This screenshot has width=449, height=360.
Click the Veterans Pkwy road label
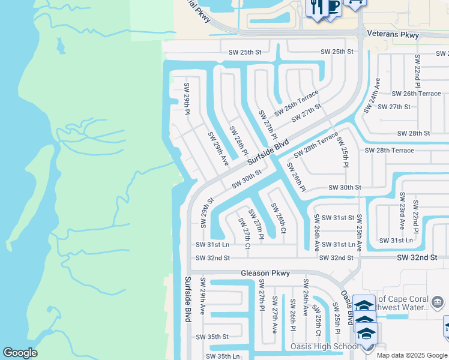click(x=393, y=35)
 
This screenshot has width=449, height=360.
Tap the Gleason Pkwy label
click(x=265, y=273)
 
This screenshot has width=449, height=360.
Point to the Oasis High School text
click(x=324, y=346)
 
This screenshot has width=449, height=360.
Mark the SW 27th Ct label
click(x=244, y=231)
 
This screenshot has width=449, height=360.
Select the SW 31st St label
click(x=338, y=217)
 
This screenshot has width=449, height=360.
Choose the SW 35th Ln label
click(x=223, y=356)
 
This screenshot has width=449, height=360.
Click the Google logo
click(x=20, y=353)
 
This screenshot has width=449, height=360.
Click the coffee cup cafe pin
click(x=332, y=7)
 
